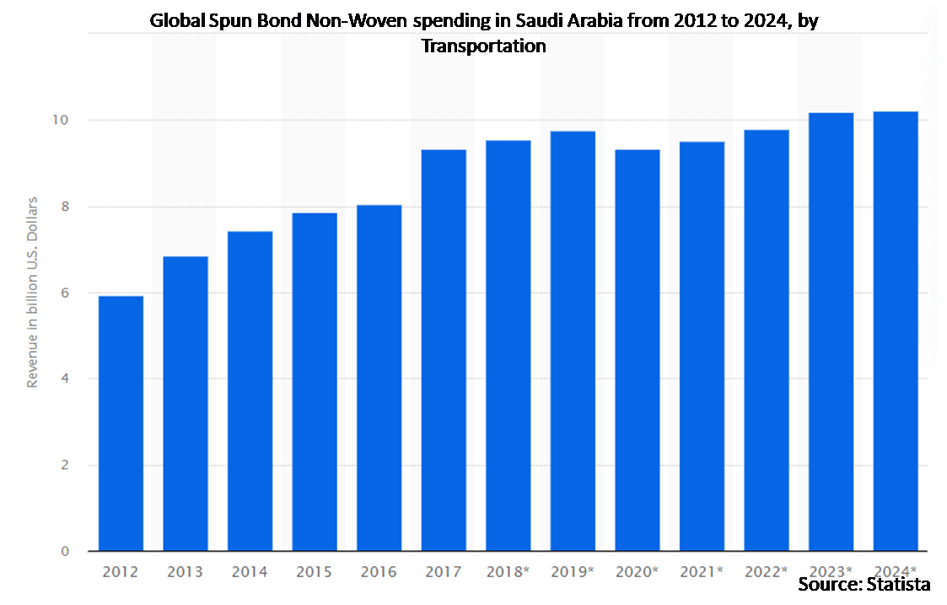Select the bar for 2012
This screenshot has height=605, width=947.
point(121,424)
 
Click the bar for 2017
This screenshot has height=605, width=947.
point(444,350)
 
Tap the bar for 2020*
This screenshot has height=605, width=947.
point(638,350)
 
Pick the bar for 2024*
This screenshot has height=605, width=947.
point(896,332)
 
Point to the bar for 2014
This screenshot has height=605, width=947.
point(250,392)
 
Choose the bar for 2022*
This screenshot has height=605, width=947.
point(767,341)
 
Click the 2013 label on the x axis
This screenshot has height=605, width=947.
point(185,572)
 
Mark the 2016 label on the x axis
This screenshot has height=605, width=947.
point(379,572)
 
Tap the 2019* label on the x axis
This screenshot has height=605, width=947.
point(573,572)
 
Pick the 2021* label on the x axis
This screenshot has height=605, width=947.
point(702,572)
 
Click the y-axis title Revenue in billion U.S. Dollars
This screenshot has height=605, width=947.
point(33,292)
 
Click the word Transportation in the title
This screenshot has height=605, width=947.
point(483,46)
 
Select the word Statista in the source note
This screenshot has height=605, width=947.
point(896,584)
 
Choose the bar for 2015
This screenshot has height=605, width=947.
point(315,382)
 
